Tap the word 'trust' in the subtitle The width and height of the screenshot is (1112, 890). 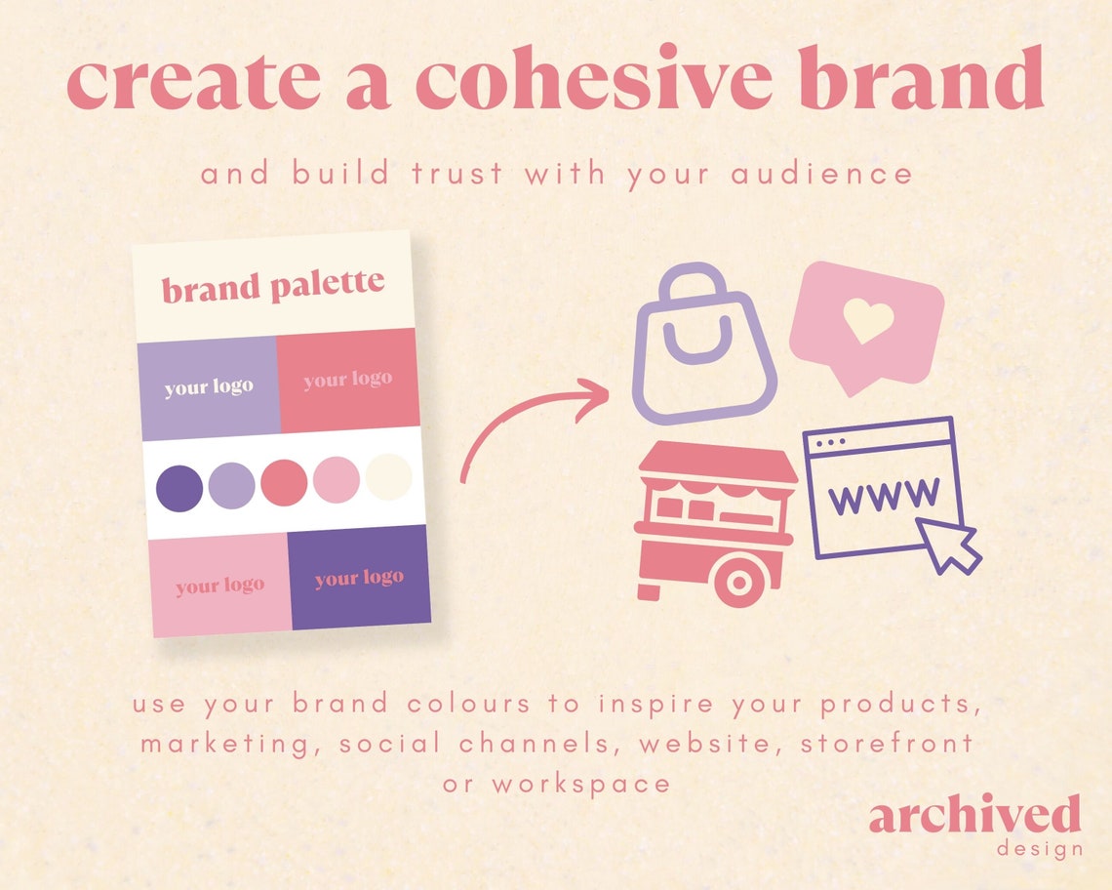[460, 175]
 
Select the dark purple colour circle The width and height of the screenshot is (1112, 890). [179, 485]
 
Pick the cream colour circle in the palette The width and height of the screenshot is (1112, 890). [389, 478]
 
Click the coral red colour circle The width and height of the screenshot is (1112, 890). [284, 481]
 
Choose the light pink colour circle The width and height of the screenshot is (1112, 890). [337, 480]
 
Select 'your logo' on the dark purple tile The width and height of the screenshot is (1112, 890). [359, 579]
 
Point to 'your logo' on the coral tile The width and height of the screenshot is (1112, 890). [347, 380]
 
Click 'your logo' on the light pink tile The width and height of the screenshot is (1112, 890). [220, 586]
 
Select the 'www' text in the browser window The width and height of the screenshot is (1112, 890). [884, 496]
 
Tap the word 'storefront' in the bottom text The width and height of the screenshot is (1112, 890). [887, 743]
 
